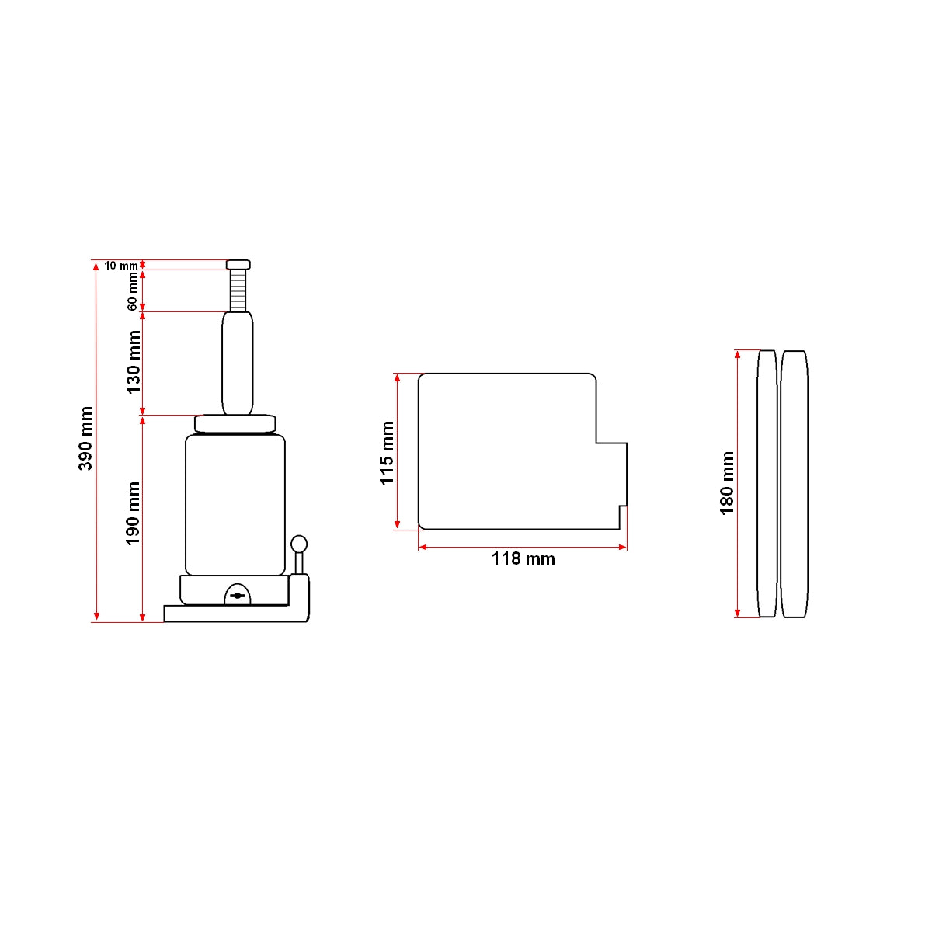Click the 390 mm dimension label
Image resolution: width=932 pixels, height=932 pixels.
coord(85,438)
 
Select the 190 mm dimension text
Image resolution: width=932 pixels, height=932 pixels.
coord(133,513)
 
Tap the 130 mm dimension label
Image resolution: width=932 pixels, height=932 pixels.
coord(133,362)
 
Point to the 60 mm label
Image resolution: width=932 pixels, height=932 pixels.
coord(132,291)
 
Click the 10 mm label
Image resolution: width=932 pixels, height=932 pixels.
coord(121,266)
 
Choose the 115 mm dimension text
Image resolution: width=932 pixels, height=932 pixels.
coord(387,453)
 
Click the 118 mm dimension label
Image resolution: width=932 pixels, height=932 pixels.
coord(523,559)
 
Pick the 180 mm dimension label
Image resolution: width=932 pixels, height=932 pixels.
coord(727,483)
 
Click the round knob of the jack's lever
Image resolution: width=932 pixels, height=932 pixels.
coord(299,543)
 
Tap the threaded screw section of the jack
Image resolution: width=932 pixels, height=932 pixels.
coord(238,290)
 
